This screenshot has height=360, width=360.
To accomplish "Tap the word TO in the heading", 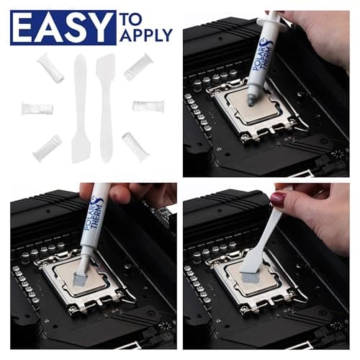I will [133, 18].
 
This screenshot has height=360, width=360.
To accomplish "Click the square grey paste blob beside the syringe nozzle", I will [78, 273].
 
